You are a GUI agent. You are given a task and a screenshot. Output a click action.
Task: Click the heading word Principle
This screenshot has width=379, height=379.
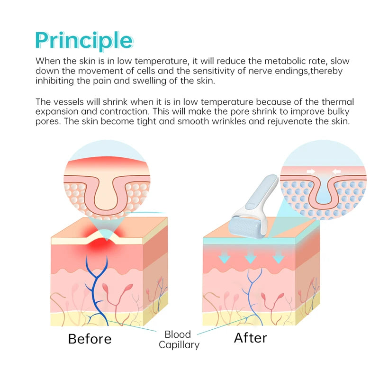(x=84, y=41)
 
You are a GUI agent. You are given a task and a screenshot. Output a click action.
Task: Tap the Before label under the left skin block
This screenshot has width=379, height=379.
(x=90, y=339)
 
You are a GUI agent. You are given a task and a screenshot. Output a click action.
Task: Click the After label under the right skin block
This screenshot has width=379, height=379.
(x=251, y=338)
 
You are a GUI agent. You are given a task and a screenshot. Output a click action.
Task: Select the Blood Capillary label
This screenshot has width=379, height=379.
(x=179, y=340)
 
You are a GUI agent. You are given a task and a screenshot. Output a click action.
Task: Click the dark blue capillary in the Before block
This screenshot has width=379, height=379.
(x=97, y=290)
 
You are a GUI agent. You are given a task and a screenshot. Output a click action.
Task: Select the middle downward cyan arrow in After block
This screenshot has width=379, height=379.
(x=251, y=257)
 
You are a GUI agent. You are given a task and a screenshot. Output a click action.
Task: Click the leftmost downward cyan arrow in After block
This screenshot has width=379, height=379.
(x=224, y=257)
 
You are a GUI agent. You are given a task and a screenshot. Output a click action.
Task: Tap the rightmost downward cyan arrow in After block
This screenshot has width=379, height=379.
(x=279, y=257)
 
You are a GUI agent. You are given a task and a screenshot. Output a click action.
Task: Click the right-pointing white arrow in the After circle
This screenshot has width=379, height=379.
(x=311, y=171)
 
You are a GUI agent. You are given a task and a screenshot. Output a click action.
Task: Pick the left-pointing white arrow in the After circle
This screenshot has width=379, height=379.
(x=336, y=171)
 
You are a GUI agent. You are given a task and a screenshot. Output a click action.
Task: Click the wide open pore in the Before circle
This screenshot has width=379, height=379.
(x=107, y=193)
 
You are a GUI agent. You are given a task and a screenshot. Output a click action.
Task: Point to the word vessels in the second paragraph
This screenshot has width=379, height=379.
(x=69, y=102)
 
